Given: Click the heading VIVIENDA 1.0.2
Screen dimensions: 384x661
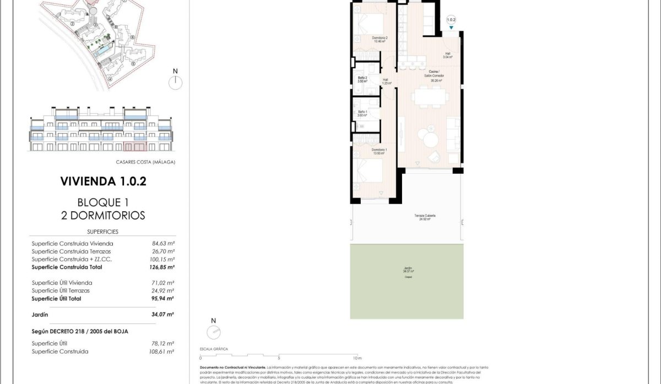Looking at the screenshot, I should click(x=103, y=181).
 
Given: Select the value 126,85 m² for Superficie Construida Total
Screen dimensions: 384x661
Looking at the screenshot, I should click(x=163, y=267).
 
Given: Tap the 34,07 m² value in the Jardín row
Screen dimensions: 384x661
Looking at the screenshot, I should click(x=163, y=315).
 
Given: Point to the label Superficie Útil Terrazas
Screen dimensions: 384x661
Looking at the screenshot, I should click(x=61, y=290).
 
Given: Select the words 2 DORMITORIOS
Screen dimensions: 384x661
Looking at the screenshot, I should click(x=103, y=215).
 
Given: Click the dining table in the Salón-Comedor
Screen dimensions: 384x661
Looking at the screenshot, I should click(x=431, y=98).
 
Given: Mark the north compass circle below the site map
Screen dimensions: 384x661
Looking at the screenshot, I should click(x=175, y=83).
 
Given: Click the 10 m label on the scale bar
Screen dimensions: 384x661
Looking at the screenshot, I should click(x=357, y=358).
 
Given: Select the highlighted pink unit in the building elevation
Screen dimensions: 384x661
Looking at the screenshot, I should click(x=135, y=146).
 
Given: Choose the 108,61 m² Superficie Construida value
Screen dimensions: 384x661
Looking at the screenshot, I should click(x=163, y=351).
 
